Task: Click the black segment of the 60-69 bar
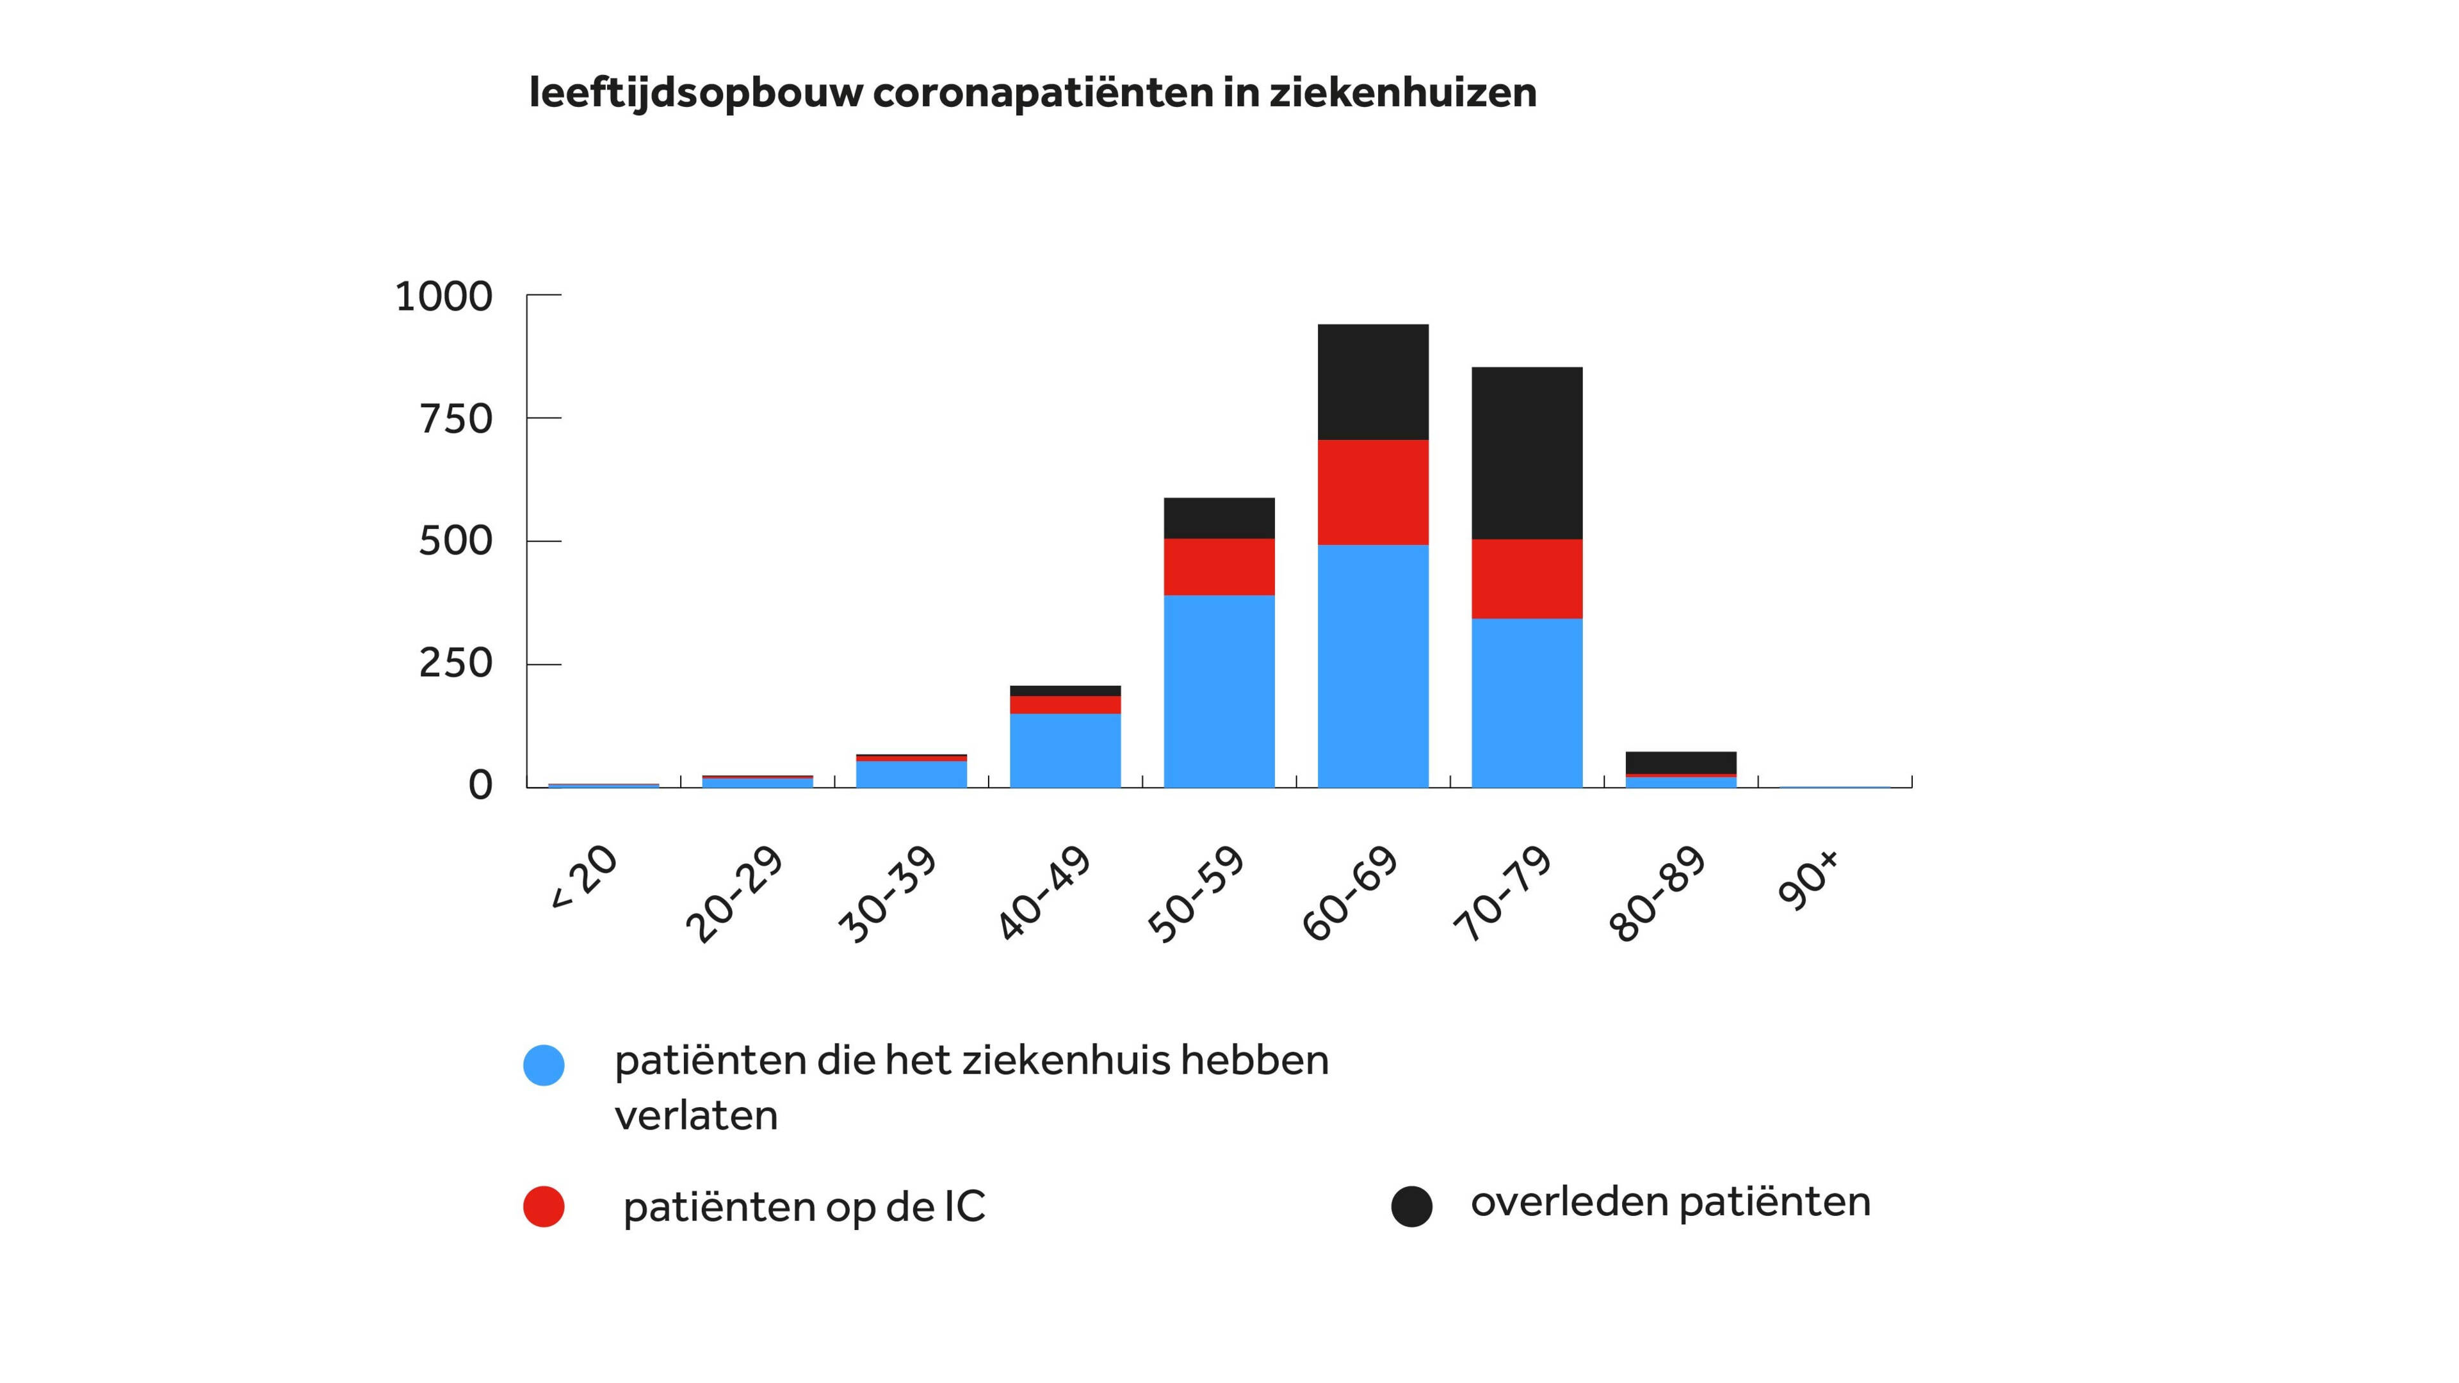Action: point(1373,382)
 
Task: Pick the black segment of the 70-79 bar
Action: point(1527,453)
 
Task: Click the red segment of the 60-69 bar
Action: point(1373,492)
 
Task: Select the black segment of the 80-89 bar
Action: point(1680,762)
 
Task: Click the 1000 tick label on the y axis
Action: point(444,297)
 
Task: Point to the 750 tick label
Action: point(455,419)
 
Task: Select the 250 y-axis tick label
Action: point(455,663)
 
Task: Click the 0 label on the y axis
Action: point(480,786)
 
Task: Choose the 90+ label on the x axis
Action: point(1808,880)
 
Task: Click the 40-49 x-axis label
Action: point(1044,893)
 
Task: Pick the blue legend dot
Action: point(544,1064)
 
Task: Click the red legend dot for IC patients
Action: point(544,1206)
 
